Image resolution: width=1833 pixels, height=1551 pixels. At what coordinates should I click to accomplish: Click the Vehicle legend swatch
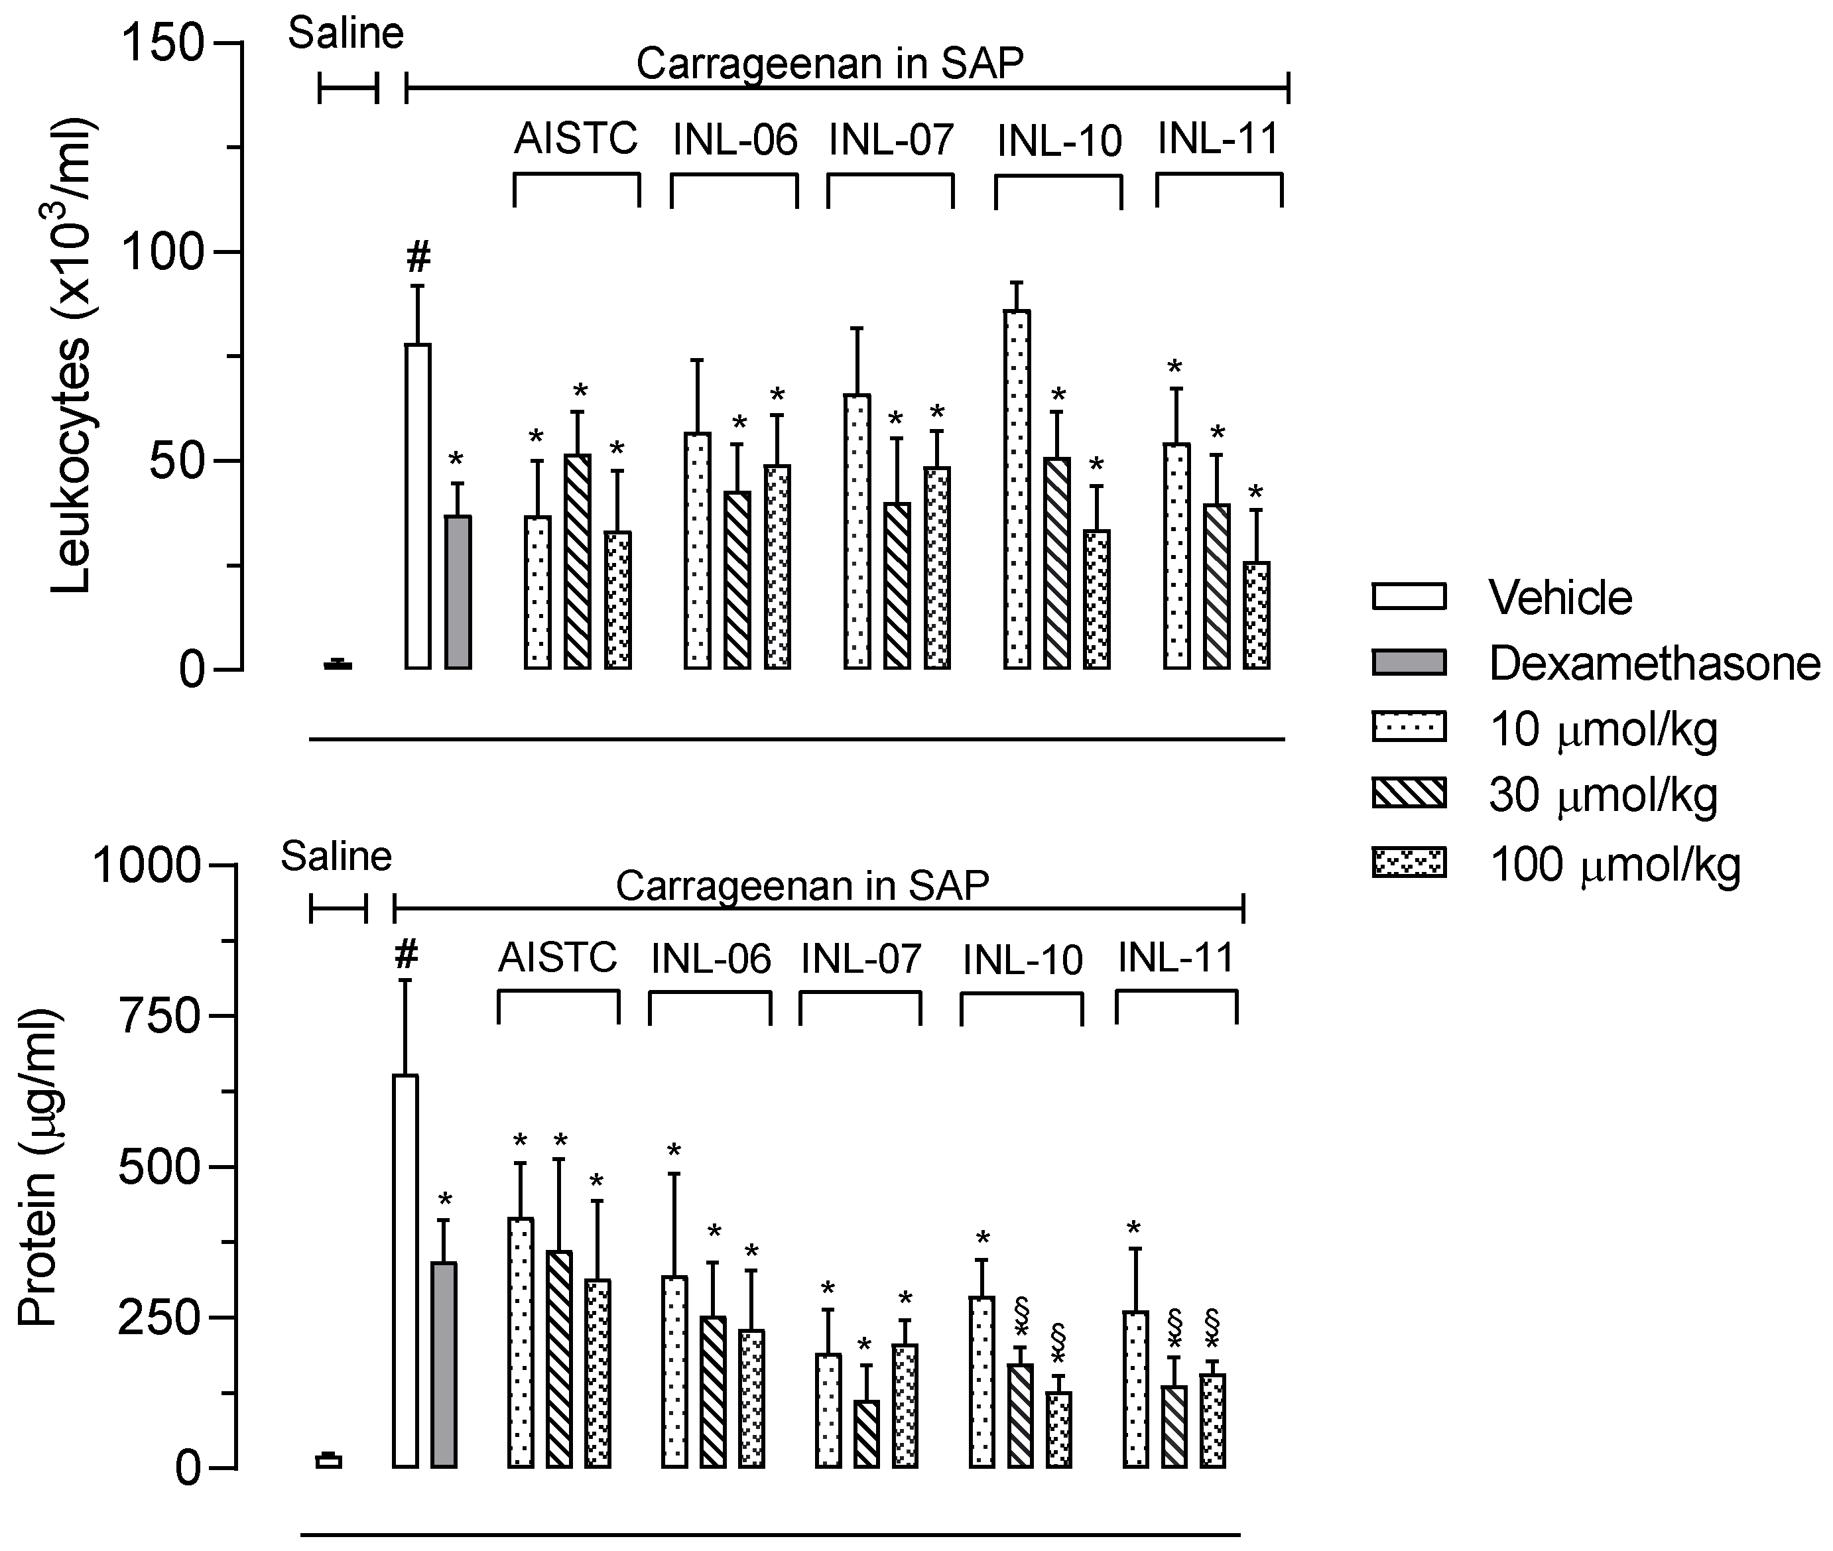(x=1409, y=596)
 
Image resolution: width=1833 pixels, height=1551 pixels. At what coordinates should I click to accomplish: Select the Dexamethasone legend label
(x=1655, y=664)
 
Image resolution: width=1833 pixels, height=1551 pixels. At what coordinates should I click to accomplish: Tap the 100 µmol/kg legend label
(x=1615, y=865)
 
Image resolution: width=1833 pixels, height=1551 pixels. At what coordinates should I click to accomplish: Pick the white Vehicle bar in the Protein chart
(x=405, y=1271)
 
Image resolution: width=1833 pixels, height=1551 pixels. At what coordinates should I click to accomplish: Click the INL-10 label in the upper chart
(x=1059, y=141)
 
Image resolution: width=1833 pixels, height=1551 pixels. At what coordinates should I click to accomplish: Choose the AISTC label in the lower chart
(x=558, y=957)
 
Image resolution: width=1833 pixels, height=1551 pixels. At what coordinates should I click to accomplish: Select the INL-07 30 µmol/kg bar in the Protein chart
(x=866, y=1434)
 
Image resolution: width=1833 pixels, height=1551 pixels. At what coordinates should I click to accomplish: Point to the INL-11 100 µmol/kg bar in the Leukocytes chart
(x=1256, y=615)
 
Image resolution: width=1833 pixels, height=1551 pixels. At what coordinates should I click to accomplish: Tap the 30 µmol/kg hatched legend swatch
(x=1409, y=793)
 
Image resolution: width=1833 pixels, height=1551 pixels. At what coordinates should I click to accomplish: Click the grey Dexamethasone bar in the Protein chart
(x=444, y=1365)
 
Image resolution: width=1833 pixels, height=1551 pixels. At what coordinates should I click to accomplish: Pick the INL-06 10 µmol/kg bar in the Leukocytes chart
(x=697, y=550)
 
